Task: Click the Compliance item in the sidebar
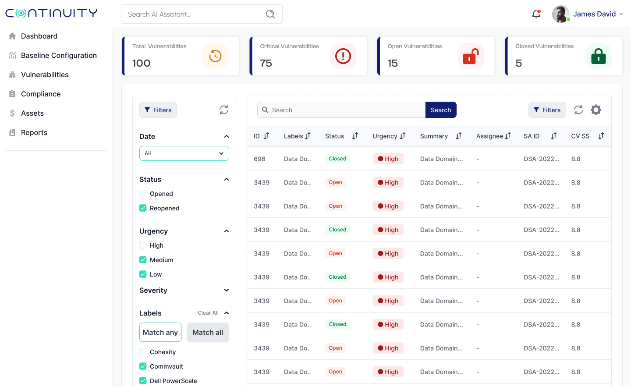40,94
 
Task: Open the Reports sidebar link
34,132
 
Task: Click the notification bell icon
536,14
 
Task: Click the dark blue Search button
440,110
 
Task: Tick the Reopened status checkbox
143,208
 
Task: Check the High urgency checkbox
143,245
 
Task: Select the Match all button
208,332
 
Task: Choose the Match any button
160,332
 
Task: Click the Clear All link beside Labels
208,313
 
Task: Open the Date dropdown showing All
184,153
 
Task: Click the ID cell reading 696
259,159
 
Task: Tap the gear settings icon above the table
596,110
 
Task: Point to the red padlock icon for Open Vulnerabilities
470,56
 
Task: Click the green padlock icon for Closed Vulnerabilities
598,56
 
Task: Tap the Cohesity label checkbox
143,352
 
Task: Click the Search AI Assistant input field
195,14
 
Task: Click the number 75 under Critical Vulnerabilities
266,63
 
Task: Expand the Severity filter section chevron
227,290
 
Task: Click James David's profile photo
560,14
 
